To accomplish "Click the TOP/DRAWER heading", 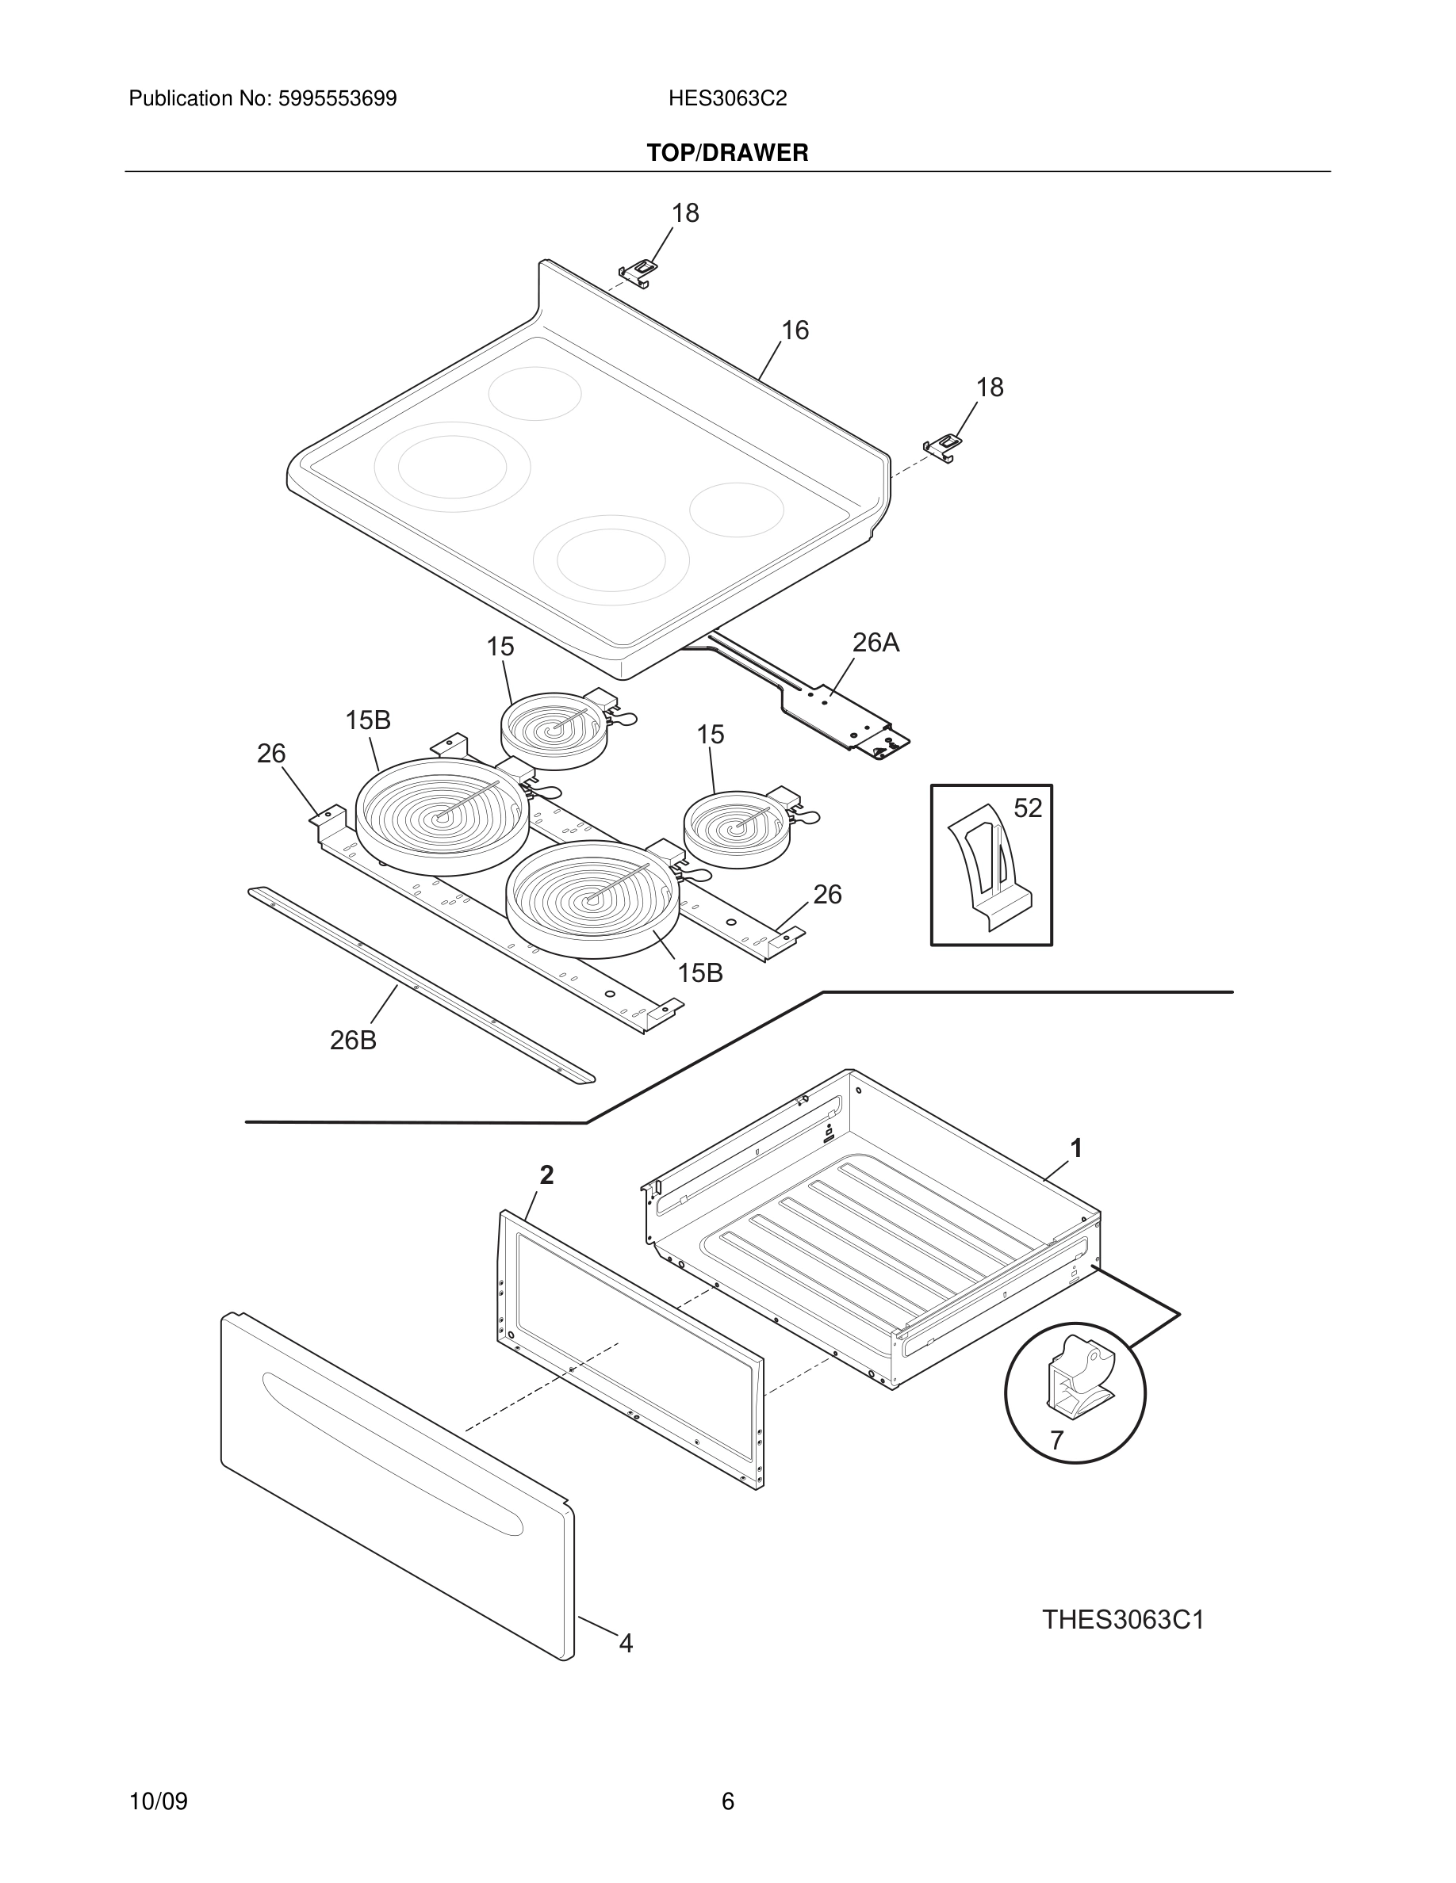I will click(x=727, y=154).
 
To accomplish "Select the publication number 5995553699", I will click(x=337, y=99).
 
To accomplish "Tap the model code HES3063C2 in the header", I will click(x=727, y=99).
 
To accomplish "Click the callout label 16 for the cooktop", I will click(x=795, y=330).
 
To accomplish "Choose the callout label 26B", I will click(x=353, y=1041).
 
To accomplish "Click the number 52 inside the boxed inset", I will click(x=1027, y=808).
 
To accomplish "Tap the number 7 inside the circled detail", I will click(x=1056, y=1440).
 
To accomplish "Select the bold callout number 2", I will click(x=547, y=1174).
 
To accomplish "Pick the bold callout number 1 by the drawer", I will click(x=1075, y=1148).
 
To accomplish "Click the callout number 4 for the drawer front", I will click(x=626, y=1644).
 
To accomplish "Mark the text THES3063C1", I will click(x=1122, y=1620).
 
